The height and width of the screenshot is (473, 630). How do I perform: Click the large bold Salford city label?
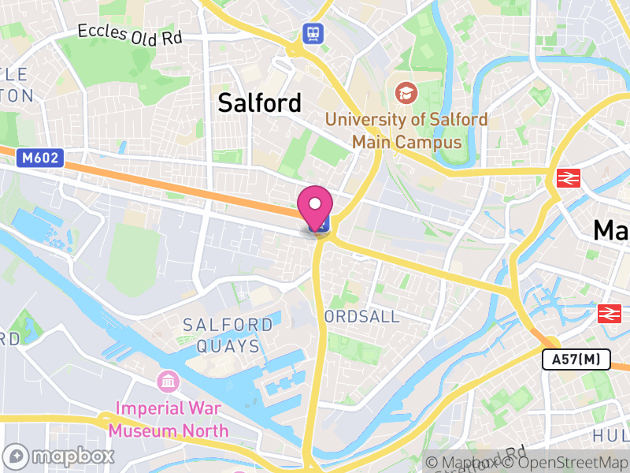tap(259, 102)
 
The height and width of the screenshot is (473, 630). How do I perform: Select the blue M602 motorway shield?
tap(40, 158)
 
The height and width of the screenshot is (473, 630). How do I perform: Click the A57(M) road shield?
tap(576, 360)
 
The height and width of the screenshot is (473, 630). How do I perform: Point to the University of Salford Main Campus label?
tap(406, 131)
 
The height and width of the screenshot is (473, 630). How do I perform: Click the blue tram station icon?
tap(313, 33)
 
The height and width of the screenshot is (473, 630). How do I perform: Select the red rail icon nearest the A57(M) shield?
tap(609, 314)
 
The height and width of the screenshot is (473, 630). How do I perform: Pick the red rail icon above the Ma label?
tap(567, 178)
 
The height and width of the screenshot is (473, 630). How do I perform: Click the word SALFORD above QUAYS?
tap(228, 325)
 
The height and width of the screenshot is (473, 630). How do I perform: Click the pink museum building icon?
tap(168, 382)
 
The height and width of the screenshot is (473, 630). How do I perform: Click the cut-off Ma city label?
tap(612, 230)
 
